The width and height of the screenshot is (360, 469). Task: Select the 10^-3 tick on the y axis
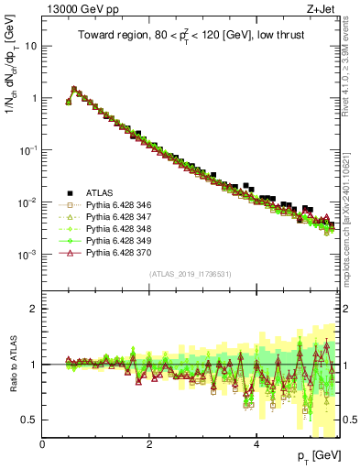pos(28,254)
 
